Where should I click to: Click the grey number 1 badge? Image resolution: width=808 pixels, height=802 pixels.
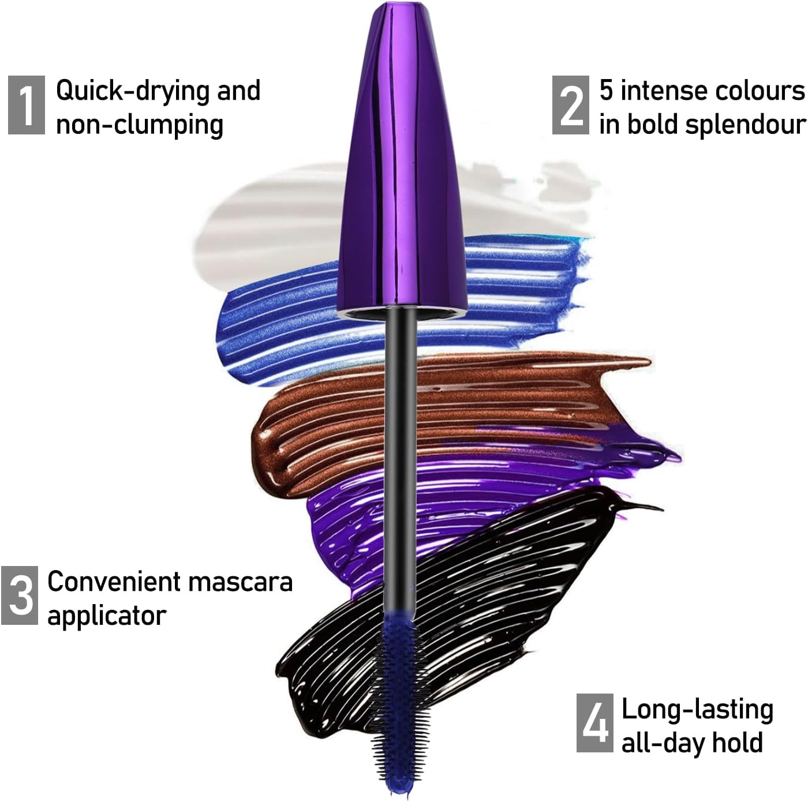(26, 105)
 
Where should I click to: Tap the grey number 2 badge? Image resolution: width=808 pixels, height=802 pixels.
(570, 105)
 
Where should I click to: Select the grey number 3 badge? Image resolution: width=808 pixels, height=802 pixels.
(20, 595)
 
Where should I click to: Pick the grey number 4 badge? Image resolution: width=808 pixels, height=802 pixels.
(594, 723)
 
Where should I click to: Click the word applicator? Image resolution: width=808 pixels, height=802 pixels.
(106, 616)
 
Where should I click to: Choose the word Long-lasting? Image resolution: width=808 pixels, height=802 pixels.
(697, 710)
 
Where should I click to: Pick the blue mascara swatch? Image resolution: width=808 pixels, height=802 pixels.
(277, 329)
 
